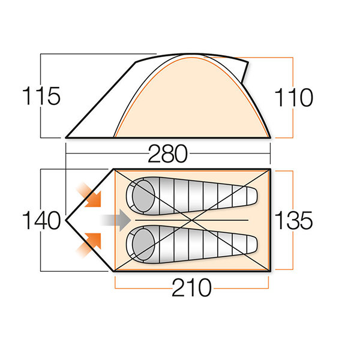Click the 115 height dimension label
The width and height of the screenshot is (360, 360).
click(41, 96)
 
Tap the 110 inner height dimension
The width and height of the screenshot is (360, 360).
click(294, 97)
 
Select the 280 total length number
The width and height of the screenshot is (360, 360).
click(168, 154)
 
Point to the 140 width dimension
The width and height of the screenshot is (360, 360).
click(41, 220)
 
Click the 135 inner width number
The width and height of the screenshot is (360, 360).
click(293, 220)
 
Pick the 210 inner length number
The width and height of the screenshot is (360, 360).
click(191, 287)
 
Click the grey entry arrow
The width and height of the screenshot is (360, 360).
click(115, 220)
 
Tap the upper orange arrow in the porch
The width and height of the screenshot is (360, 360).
click(89, 195)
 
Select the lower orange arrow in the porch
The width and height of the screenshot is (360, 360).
click(89, 245)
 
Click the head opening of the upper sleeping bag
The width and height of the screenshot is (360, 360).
click(143, 196)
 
